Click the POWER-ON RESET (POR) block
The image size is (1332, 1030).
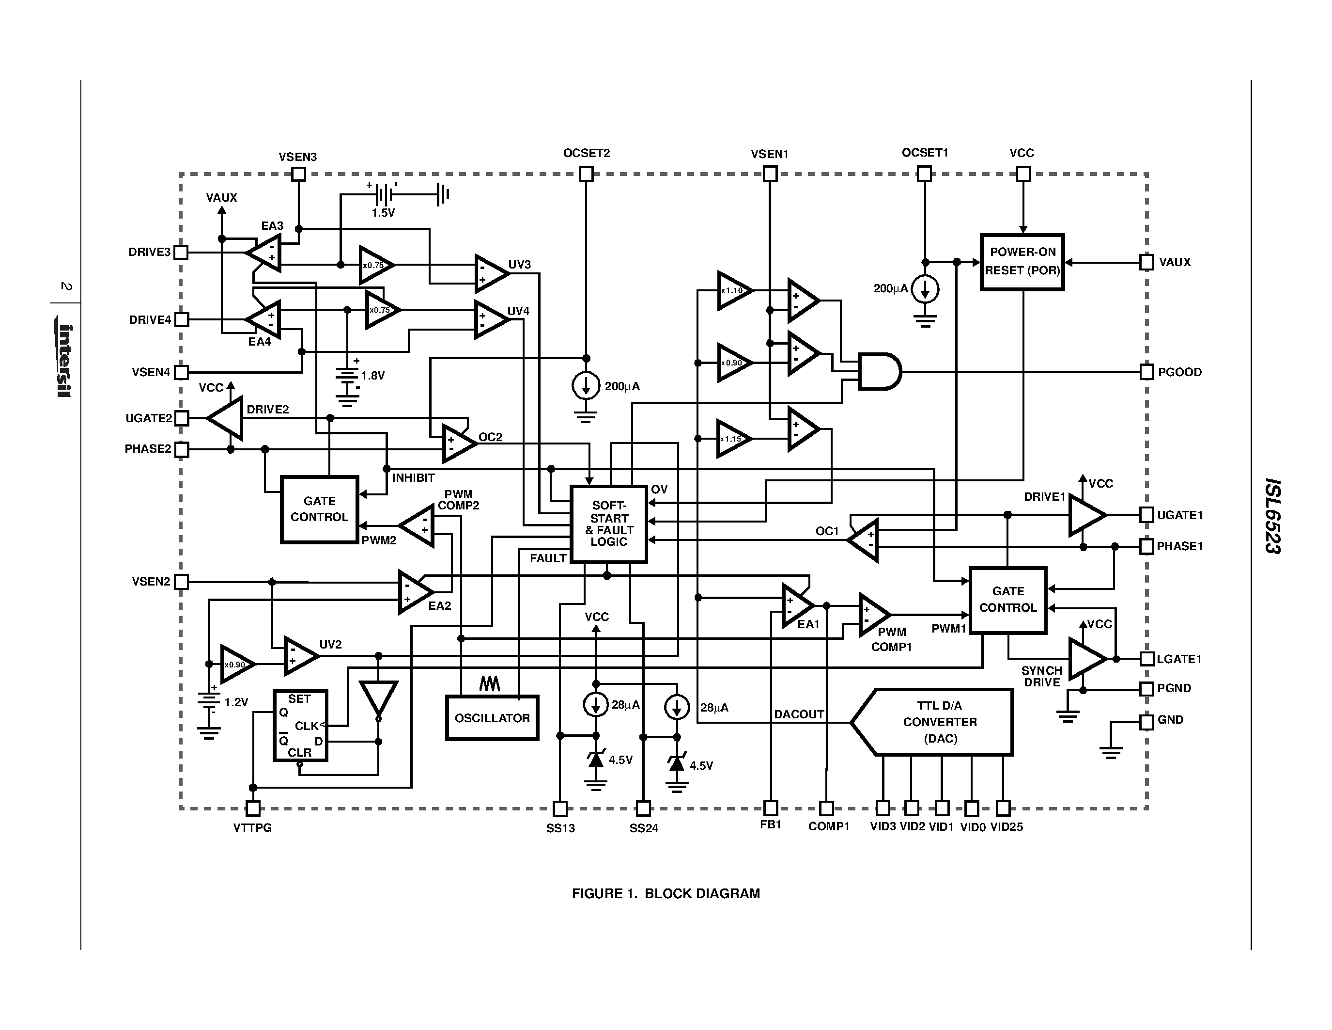[x=1022, y=262]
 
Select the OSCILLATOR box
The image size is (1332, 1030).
[x=492, y=718]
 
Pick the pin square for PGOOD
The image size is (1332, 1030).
[x=1146, y=372]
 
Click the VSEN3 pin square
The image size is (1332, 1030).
[x=298, y=174]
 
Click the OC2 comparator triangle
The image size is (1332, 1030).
[x=458, y=444]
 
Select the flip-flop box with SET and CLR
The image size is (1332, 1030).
[x=300, y=726]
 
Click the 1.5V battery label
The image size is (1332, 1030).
[x=383, y=213]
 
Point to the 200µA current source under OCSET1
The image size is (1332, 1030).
[x=925, y=289]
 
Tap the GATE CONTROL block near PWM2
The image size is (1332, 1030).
[x=319, y=509]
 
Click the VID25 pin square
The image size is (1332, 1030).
[x=1003, y=808]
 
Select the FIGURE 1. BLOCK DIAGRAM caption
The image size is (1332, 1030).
[x=666, y=894]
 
